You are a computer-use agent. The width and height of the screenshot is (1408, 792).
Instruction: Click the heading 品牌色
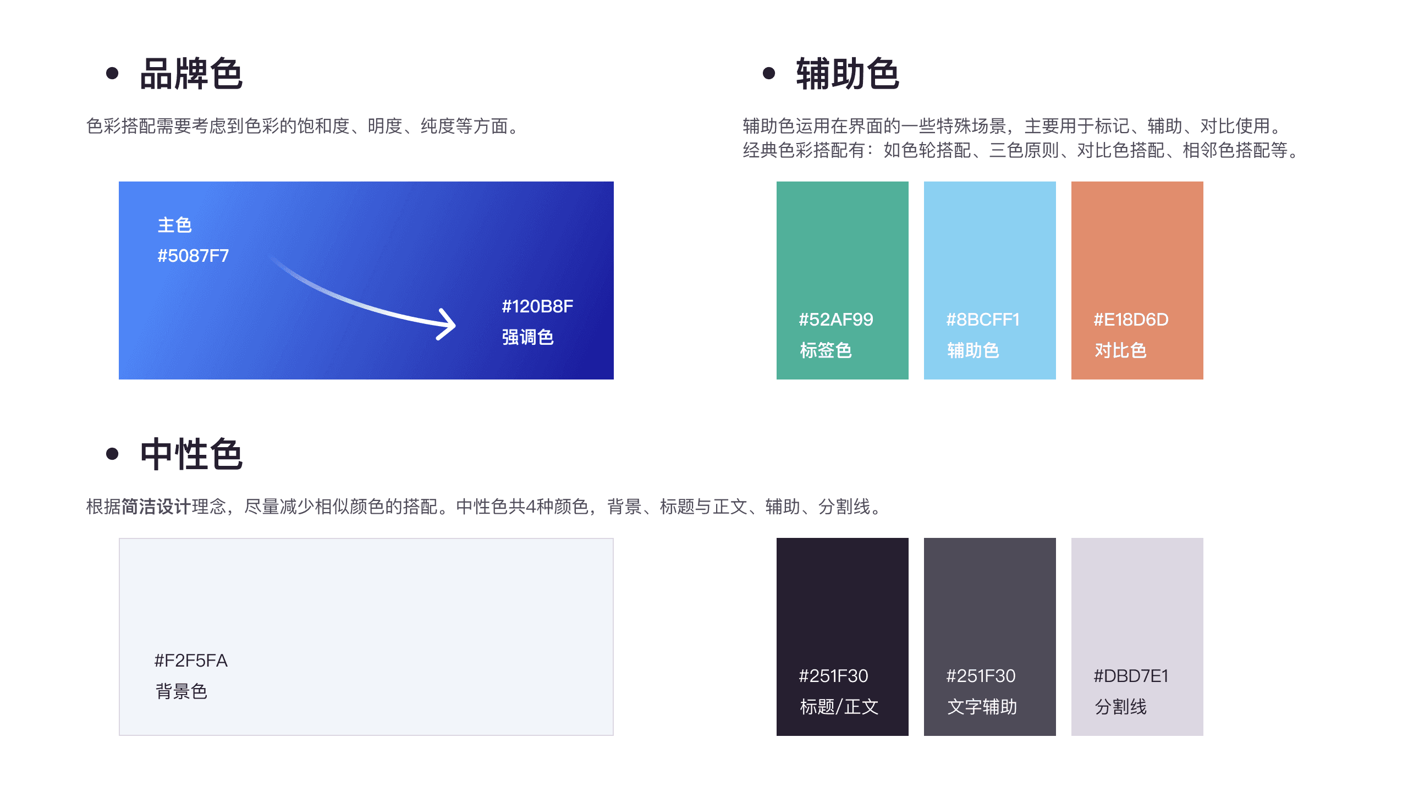point(191,74)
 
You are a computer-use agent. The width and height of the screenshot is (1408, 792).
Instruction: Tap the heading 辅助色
point(848,74)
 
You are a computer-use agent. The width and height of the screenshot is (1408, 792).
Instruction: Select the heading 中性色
point(191,454)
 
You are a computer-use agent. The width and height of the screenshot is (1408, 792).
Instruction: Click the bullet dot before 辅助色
point(769,73)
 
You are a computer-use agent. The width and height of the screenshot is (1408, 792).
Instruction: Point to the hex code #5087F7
point(193,256)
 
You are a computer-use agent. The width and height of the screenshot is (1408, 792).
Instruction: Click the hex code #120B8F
point(537,306)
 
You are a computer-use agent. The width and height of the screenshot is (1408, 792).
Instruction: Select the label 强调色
point(527,337)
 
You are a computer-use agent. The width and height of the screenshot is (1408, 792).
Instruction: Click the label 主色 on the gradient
point(174,225)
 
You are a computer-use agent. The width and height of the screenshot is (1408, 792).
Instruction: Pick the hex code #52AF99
point(836,320)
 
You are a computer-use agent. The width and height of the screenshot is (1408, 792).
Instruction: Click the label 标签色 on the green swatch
point(826,350)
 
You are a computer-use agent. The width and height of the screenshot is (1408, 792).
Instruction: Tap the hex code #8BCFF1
point(983,320)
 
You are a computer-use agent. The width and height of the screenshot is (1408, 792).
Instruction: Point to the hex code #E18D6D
point(1131,320)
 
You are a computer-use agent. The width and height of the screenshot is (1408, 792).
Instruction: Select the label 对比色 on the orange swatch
point(1120,350)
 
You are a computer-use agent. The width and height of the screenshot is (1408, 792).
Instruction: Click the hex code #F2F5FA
point(191,661)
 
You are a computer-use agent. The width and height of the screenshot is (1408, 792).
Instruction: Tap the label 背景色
point(181,691)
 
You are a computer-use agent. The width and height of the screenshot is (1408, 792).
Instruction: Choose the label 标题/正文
point(839,707)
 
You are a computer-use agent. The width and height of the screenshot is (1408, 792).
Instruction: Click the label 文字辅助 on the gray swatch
point(982,707)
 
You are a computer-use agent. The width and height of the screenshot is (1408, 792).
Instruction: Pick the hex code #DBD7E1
point(1131,676)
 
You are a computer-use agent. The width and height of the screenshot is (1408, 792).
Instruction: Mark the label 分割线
point(1120,707)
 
